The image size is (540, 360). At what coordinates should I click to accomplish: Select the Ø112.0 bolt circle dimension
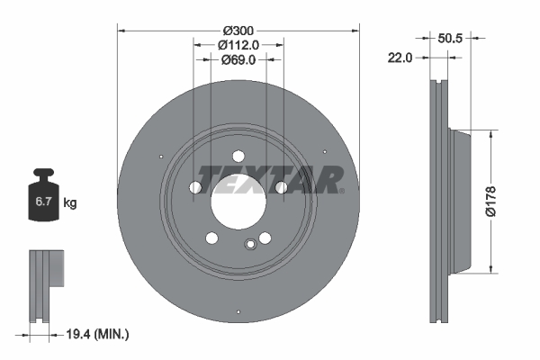pos(238,44)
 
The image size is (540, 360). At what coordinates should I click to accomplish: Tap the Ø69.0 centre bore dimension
pos(238,60)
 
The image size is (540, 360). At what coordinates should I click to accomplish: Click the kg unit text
pos(70,203)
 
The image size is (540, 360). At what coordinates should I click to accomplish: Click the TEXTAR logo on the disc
pos(270,180)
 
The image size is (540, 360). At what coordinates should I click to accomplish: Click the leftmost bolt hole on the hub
pos(195,187)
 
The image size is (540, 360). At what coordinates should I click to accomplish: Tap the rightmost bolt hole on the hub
pos(282,187)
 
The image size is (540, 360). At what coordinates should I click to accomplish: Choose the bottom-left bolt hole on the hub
pos(212,238)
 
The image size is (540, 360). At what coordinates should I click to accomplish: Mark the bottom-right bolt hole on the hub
pos(265,238)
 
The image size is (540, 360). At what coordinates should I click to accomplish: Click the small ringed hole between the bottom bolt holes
pos(250,244)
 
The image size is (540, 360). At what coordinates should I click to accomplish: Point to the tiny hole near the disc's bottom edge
pos(237,314)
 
